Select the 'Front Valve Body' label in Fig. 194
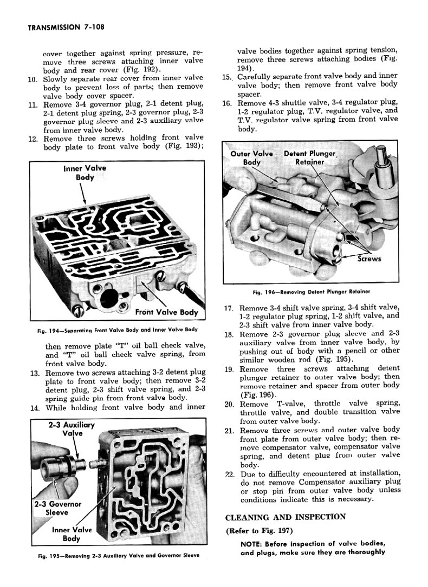[166, 312]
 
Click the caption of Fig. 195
[114, 556]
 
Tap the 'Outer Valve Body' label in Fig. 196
[252, 158]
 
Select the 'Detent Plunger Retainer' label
[310, 158]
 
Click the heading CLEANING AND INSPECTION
[285, 517]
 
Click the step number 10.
[32, 79]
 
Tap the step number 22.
[229, 474]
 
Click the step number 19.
[229, 370]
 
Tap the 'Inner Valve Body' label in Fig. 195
[72, 534]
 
